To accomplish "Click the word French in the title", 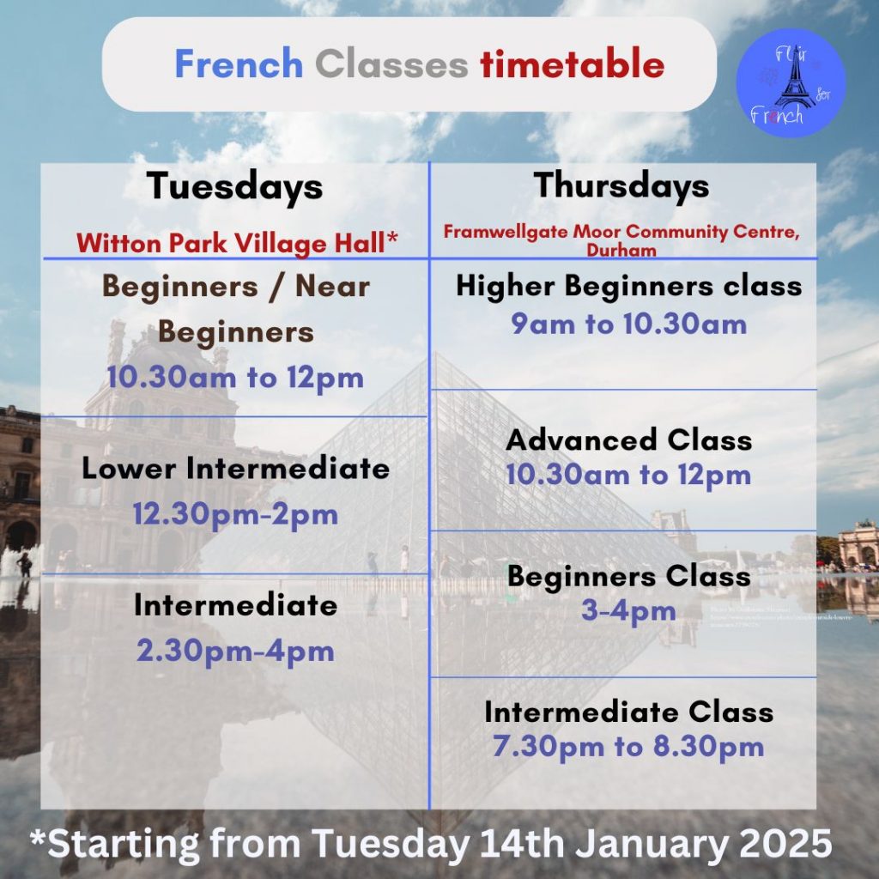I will pyautogui.click(x=239, y=64).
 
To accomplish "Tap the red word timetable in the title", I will pyautogui.click(x=573, y=64).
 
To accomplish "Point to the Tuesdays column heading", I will pyautogui.click(x=234, y=187).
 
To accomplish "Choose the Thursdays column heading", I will pyautogui.click(x=621, y=185).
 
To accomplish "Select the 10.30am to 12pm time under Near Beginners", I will pyautogui.click(x=235, y=378).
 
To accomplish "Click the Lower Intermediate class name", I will pyautogui.click(x=235, y=469).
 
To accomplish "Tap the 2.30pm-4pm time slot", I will pyautogui.click(x=235, y=650).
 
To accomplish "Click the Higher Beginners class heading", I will pyautogui.click(x=628, y=286).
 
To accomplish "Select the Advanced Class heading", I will pyautogui.click(x=628, y=440).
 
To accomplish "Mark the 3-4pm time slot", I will pyautogui.click(x=628, y=612).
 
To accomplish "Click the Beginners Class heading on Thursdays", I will pyautogui.click(x=628, y=576).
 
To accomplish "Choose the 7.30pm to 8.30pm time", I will pyautogui.click(x=628, y=746).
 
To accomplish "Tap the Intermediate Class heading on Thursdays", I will pyautogui.click(x=628, y=712).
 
